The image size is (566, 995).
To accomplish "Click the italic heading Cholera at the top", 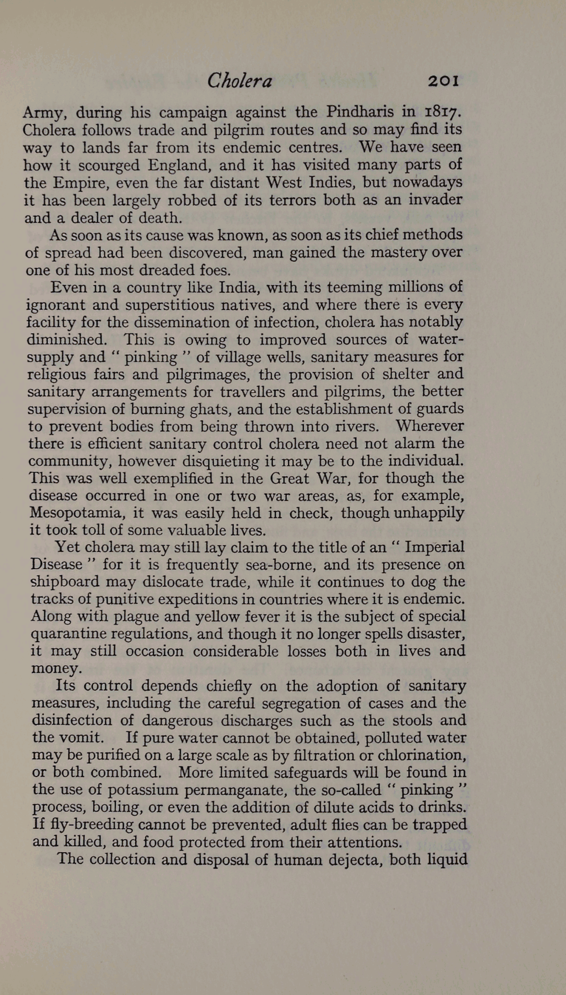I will pos(239,80).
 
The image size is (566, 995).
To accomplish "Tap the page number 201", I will pos(444,80).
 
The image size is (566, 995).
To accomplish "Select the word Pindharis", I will pos(359,111).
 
